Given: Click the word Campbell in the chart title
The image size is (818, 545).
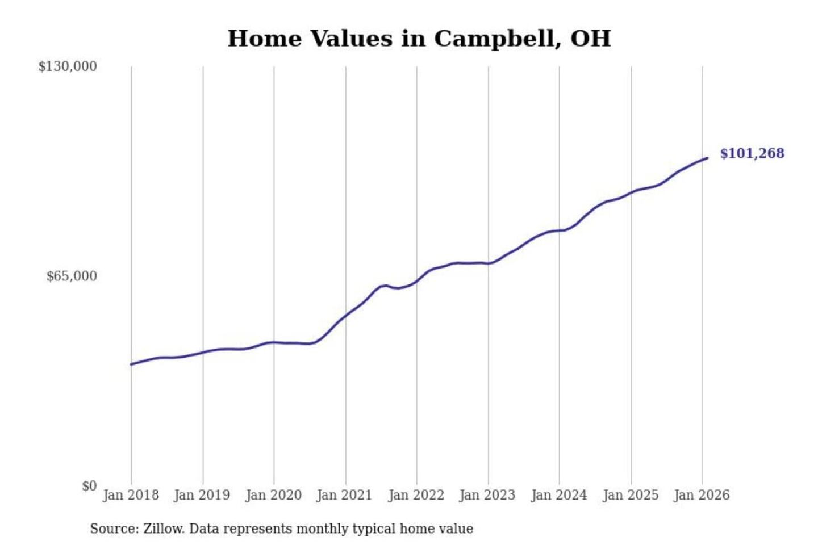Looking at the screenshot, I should pos(493,39).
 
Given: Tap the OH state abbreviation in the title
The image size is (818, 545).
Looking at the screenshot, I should pos(591,39).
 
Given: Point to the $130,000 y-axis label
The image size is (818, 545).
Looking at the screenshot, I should pos(68,66).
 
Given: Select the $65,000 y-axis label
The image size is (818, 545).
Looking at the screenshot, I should pos(72,276).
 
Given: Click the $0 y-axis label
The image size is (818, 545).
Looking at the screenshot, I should pos(89,486).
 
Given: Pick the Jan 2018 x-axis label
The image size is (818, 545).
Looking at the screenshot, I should pos(131,495).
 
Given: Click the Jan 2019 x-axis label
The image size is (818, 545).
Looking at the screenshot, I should pos(202,495).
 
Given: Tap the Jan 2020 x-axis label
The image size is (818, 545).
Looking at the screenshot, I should pos(273,495).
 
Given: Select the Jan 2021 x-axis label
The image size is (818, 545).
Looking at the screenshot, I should pos(344,495).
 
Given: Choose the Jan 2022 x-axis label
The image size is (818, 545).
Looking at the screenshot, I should pos(416,495).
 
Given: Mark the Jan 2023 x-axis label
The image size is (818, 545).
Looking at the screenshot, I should pos(487,495).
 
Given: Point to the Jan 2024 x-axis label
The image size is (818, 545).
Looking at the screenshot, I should pos(558,495).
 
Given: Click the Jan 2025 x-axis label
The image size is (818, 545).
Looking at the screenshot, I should pos(630,495).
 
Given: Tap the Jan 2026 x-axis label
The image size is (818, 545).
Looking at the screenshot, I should pos(701,495).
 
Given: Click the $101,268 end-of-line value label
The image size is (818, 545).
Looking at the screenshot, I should pos(752,153).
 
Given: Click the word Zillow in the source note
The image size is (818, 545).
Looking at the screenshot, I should pos(164,529).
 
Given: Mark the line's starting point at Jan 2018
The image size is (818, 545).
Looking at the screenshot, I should pos(131,364).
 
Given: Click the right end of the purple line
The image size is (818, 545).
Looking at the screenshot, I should pos(707,158).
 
